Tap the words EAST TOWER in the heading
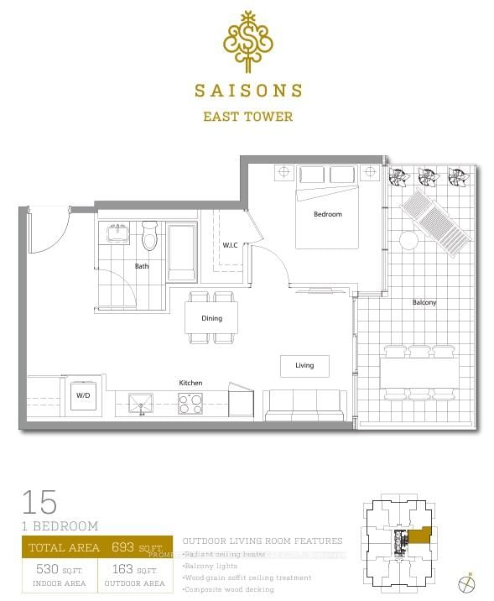[x=247, y=117]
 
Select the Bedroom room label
[x=327, y=214]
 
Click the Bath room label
[x=142, y=266]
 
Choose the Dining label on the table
[x=211, y=318]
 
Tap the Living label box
[x=304, y=365]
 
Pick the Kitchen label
[x=190, y=383]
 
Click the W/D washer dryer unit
[x=84, y=395]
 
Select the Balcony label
[x=424, y=302]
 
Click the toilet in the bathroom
[x=150, y=237]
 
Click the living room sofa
[x=303, y=406]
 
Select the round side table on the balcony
[x=408, y=240]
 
